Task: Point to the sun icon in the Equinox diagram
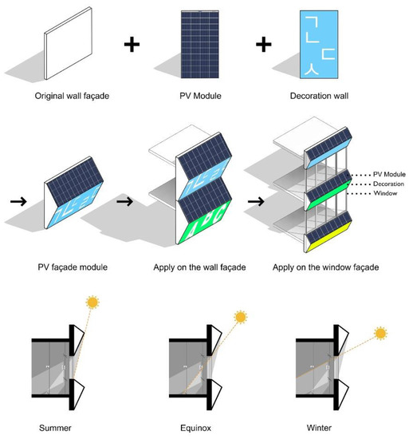(238, 318)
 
